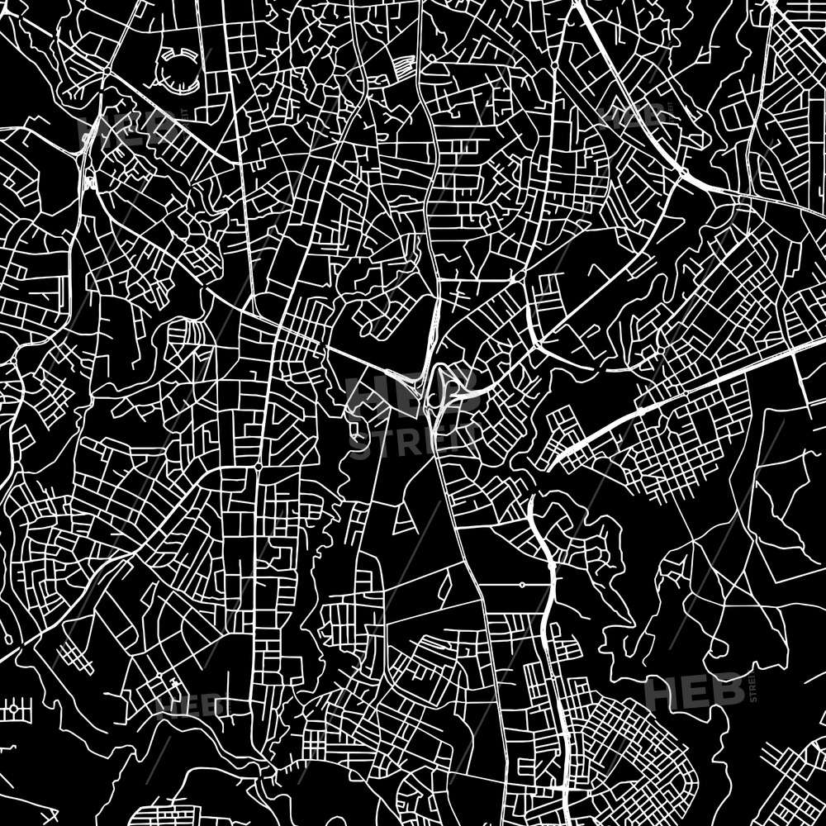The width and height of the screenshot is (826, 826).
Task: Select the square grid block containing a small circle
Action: (14, 709)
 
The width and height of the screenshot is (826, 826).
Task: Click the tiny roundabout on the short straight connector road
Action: (521, 585)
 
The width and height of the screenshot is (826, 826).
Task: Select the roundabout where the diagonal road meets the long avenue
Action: (258, 468)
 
